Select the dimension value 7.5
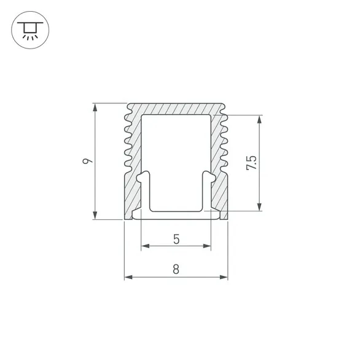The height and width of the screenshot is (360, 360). (251, 163)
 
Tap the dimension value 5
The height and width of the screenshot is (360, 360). (176, 240)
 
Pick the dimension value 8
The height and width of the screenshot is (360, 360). (176, 269)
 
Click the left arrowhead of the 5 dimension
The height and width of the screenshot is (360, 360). (146, 247)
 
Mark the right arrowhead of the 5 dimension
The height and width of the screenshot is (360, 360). (207, 247)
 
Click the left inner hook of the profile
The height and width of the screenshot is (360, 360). (143, 179)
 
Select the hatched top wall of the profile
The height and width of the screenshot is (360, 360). (176, 108)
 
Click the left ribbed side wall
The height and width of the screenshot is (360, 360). (133, 147)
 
